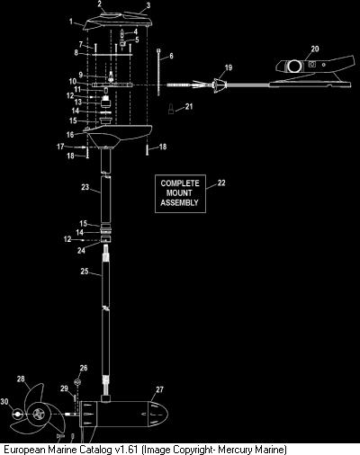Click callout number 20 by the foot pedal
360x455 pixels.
pos(315,49)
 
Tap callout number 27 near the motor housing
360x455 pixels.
pos(159,389)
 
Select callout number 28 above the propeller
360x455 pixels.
pos(21,379)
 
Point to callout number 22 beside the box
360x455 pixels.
pos(221,183)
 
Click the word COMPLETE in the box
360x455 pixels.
pos(180,183)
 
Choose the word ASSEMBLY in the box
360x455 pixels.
pos(180,202)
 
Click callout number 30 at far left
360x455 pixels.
pos(4,401)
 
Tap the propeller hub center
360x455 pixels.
pos(39,415)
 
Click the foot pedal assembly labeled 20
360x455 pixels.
pos(312,71)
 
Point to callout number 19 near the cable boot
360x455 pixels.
pos(229,67)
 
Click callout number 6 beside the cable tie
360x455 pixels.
pos(171,56)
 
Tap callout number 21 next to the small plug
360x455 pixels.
pos(189,106)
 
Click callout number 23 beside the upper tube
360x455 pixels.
pos(85,187)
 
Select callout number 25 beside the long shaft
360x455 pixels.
pos(85,272)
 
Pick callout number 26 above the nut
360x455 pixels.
pos(84,368)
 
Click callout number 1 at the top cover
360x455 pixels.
pos(71,22)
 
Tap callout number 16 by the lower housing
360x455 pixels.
pos(70,135)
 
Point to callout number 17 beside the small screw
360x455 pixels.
pos(60,147)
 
